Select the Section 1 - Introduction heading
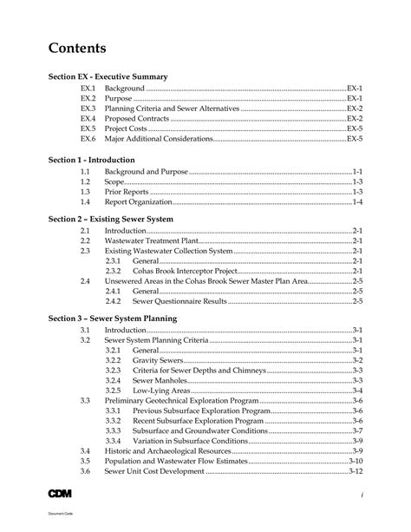point(92,161)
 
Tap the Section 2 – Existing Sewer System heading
point(111,220)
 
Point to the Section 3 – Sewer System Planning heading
point(113,319)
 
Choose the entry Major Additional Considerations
point(158,138)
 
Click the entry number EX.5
point(88,128)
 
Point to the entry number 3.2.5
point(114,390)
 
